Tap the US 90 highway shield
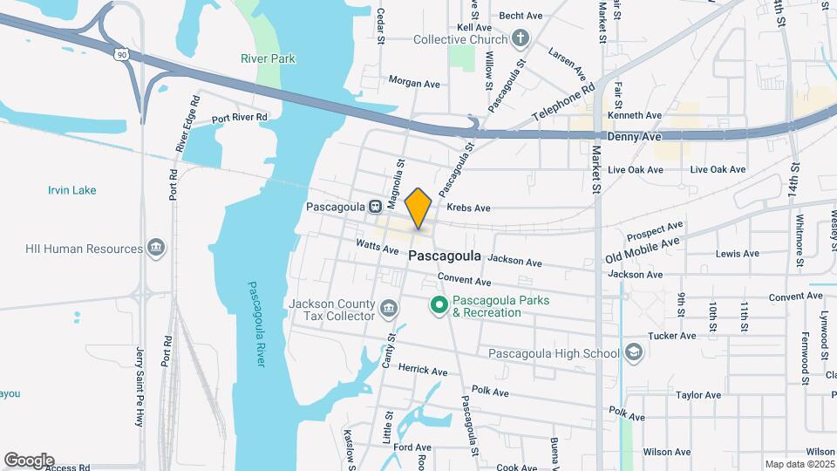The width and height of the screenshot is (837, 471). coord(120,55)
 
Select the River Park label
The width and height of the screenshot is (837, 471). coord(269,59)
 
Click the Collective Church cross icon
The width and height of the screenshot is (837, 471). coord(521,38)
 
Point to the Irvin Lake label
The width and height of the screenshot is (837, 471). coord(72,190)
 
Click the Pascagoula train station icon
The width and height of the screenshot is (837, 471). coord(374,207)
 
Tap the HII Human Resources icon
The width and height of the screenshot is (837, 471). coord(156,249)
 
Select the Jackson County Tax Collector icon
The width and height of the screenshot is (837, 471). coord(388,309)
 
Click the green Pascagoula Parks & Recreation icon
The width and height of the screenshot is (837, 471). coord(439,305)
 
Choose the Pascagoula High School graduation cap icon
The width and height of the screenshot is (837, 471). coord(634,352)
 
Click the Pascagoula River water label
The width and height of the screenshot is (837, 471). coord(255,324)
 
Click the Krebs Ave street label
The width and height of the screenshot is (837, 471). coord(468,208)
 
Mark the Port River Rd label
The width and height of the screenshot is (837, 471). coord(239,118)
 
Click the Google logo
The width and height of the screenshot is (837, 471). coord(29,461)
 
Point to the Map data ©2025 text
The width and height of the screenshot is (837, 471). coord(799,464)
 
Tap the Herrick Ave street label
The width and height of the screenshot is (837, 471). coord(423,371)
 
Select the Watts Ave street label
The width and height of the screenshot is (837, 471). coord(377,247)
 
